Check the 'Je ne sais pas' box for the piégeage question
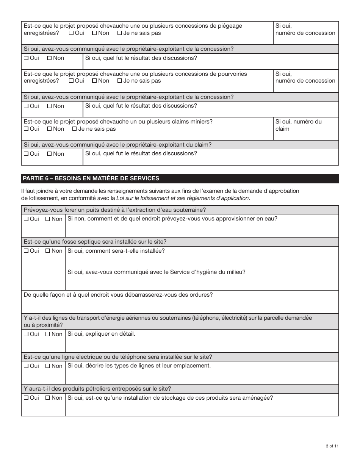(x=120, y=33)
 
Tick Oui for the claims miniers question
(x=26, y=129)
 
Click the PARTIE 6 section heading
(x=91, y=178)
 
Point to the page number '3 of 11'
(x=332, y=446)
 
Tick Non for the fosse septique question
(x=48, y=251)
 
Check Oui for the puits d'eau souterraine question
(x=26, y=219)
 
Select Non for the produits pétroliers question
(x=48, y=398)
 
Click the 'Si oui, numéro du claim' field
(x=305, y=129)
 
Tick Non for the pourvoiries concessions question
(x=94, y=81)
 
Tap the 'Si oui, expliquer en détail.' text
(x=101, y=334)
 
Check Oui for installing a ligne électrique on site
(x=26, y=366)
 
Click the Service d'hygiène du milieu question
(x=156, y=272)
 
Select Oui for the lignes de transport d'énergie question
(x=26, y=334)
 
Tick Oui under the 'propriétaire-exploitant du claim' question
(x=26, y=154)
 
